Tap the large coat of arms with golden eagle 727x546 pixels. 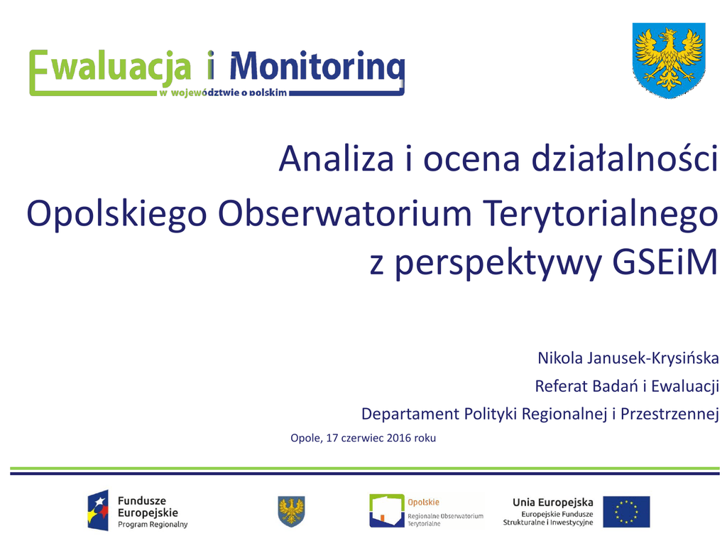click(x=669, y=60)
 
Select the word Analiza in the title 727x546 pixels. click(x=336, y=159)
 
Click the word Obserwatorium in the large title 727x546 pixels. click(x=344, y=213)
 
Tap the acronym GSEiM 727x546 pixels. click(x=665, y=262)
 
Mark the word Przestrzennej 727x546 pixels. click(x=669, y=414)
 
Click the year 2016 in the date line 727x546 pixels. click(x=399, y=438)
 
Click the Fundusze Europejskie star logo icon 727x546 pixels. click(x=98, y=510)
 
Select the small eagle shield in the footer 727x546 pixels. click(x=291, y=511)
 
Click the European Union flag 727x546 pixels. click(x=626, y=512)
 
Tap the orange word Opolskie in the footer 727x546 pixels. click(x=423, y=503)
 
